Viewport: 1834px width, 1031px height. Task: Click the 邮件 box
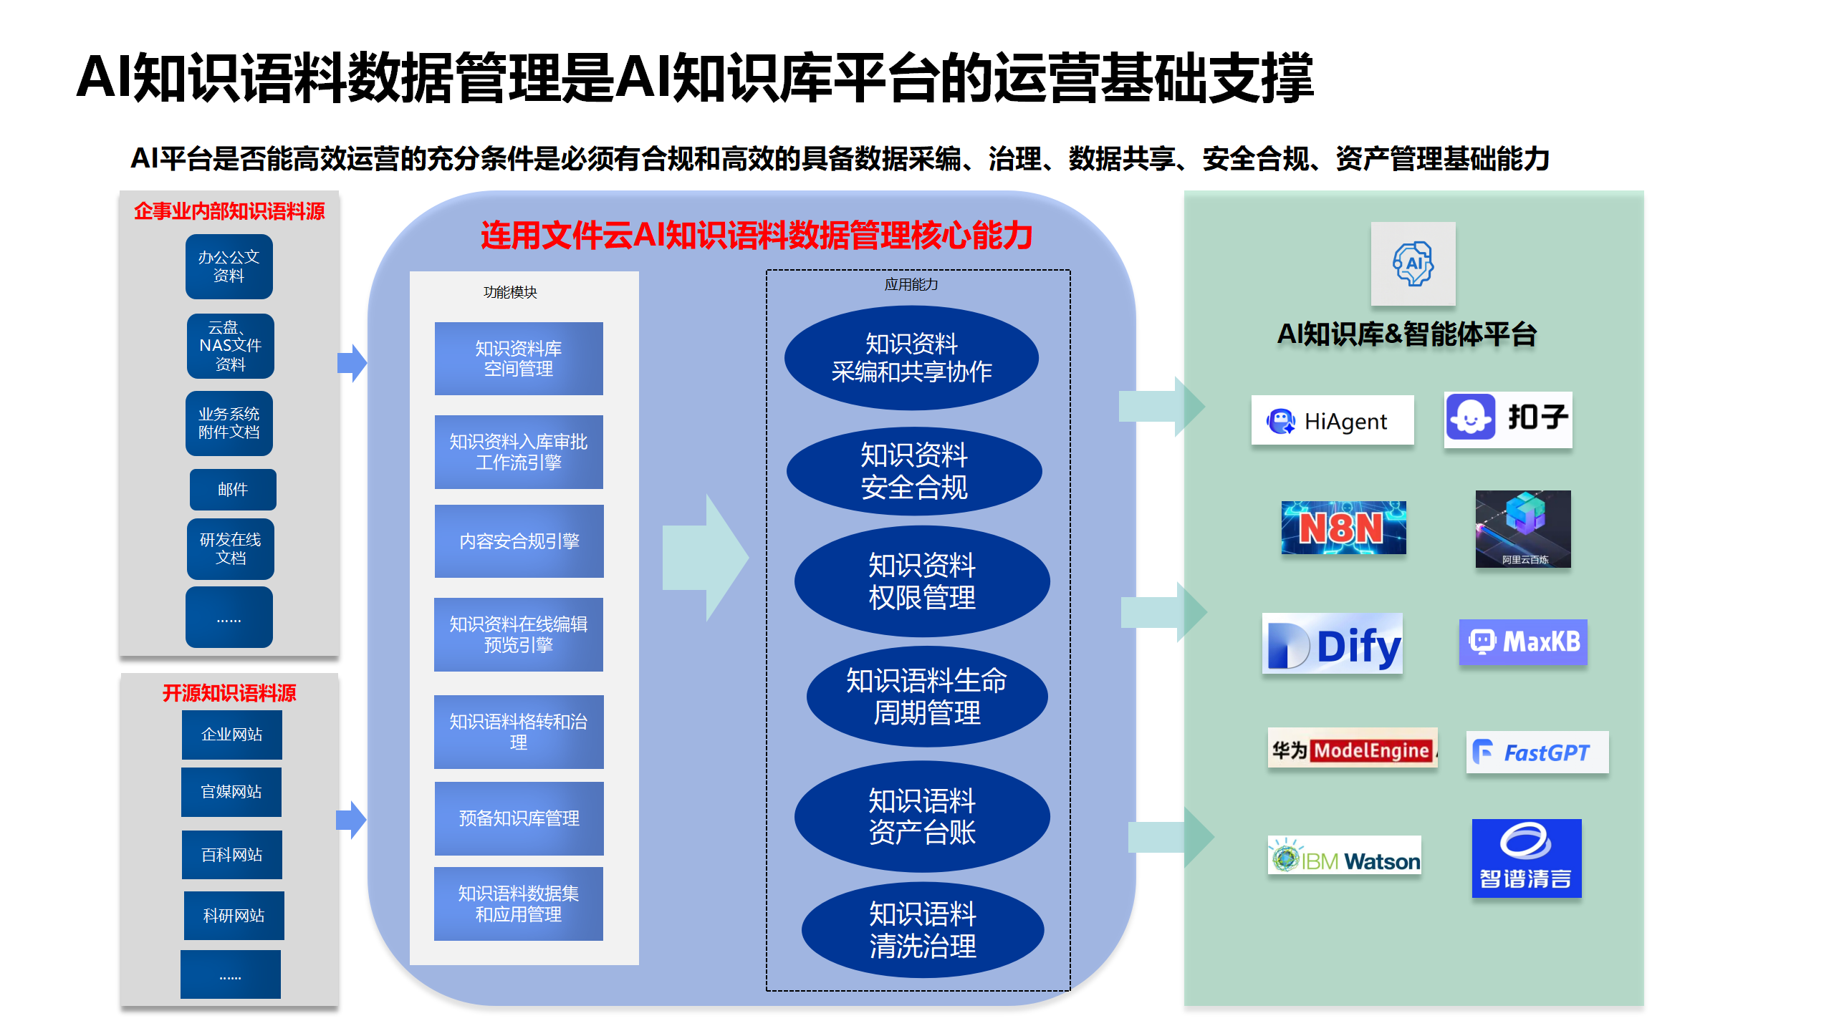click(x=233, y=490)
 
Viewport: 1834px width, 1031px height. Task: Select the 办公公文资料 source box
click(x=229, y=266)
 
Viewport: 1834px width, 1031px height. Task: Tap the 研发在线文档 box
click(x=231, y=548)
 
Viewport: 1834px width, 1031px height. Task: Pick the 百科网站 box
click(x=231, y=855)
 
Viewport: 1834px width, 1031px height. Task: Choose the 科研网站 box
click(x=234, y=916)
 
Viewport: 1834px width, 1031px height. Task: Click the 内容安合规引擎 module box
click(x=519, y=541)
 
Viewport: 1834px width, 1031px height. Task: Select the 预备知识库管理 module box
click(x=519, y=818)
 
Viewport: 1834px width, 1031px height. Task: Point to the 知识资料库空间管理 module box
click(x=519, y=359)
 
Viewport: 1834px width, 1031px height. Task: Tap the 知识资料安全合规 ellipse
click(x=914, y=471)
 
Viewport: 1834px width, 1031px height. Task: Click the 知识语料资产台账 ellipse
click(x=922, y=816)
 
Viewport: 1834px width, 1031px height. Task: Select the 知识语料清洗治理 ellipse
click(x=923, y=930)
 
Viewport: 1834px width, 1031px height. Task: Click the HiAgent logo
click(x=1333, y=421)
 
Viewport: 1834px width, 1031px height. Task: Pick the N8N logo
click(x=1343, y=528)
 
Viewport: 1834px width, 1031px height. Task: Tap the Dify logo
click(x=1333, y=644)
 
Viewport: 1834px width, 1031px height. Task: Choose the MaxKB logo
click(x=1523, y=642)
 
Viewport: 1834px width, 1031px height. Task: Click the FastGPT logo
click(x=1537, y=752)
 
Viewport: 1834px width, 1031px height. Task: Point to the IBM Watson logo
click(x=1345, y=856)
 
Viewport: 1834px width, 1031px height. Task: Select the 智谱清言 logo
click(x=1526, y=858)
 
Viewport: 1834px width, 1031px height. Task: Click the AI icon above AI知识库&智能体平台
click(x=1413, y=263)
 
